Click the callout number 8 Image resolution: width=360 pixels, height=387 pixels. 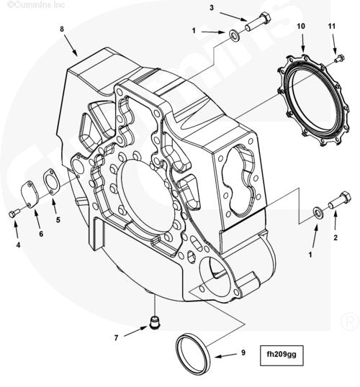pyautogui.click(x=62, y=29)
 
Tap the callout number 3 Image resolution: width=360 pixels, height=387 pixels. pyautogui.click(x=212, y=8)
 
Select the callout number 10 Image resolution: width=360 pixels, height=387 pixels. pyautogui.click(x=301, y=26)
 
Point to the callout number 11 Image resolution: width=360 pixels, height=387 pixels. pyautogui.click(x=332, y=26)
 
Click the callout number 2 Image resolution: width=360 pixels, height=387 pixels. pyautogui.click(x=336, y=237)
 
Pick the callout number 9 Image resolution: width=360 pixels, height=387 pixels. pyautogui.click(x=243, y=353)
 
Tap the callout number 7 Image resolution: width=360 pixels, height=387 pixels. pyautogui.click(x=116, y=337)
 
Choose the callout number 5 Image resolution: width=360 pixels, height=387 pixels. pyautogui.click(x=58, y=219)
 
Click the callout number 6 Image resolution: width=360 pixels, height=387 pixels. pyautogui.click(x=41, y=234)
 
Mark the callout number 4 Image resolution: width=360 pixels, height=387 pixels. pyautogui.click(x=18, y=245)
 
